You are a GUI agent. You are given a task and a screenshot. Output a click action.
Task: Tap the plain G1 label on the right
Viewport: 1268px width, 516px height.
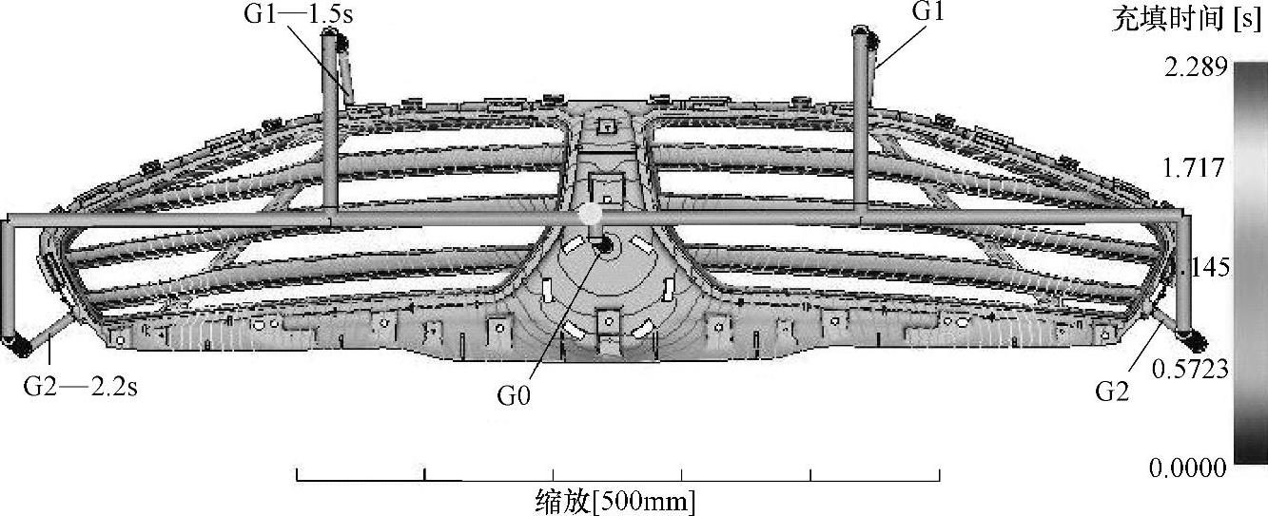(927, 12)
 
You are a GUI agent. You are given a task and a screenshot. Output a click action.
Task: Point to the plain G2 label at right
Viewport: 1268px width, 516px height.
(1112, 391)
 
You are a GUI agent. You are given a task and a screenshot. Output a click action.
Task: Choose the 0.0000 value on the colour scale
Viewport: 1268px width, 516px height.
(1190, 468)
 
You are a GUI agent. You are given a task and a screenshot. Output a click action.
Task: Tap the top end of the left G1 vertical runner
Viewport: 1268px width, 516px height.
(330, 36)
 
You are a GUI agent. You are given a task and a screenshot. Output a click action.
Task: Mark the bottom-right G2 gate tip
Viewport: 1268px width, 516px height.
(1191, 340)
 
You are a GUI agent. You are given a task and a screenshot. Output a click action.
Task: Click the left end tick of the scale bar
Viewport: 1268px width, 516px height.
(298, 474)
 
